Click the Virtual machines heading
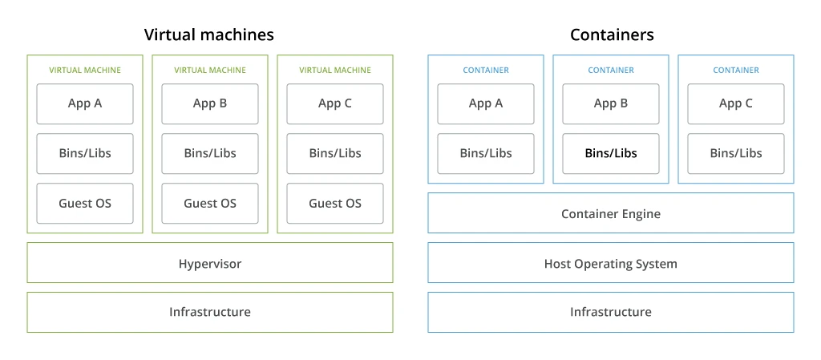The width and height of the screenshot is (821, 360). pyautogui.click(x=208, y=34)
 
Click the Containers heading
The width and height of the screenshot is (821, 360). pyautogui.click(x=612, y=34)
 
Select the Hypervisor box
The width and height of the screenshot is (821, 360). pyautogui.click(x=210, y=263)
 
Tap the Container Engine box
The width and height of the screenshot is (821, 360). pyautogui.click(x=611, y=213)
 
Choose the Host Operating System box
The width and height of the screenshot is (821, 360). pyautogui.click(x=611, y=263)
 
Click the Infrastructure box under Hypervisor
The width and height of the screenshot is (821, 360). pyautogui.click(x=210, y=312)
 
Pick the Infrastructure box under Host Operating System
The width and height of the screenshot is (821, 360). pyautogui.click(x=611, y=312)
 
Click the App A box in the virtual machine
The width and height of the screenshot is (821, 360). pyautogui.click(x=85, y=103)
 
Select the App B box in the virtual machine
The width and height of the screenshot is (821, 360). pyautogui.click(x=210, y=103)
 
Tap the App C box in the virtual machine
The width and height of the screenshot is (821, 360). pyautogui.click(x=335, y=103)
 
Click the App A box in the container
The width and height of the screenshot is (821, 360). pyautogui.click(x=486, y=103)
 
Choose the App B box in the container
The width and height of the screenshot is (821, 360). pyautogui.click(x=611, y=103)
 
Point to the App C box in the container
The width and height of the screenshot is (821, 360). pyautogui.click(x=736, y=103)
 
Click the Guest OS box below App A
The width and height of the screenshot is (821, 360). pyautogui.click(x=85, y=204)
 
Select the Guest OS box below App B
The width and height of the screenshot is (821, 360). pyautogui.click(x=210, y=204)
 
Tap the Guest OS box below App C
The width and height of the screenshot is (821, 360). pyautogui.click(x=335, y=204)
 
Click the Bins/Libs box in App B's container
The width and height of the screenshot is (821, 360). pyautogui.click(x=611, y=153)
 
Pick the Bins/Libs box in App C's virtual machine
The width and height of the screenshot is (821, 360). pyautogui.click(x=335, y=153)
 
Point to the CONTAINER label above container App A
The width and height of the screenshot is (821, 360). pyautogui.click(x=486, y=71)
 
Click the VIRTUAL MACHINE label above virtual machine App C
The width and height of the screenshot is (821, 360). pyautogui.click(x=335, y=71)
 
